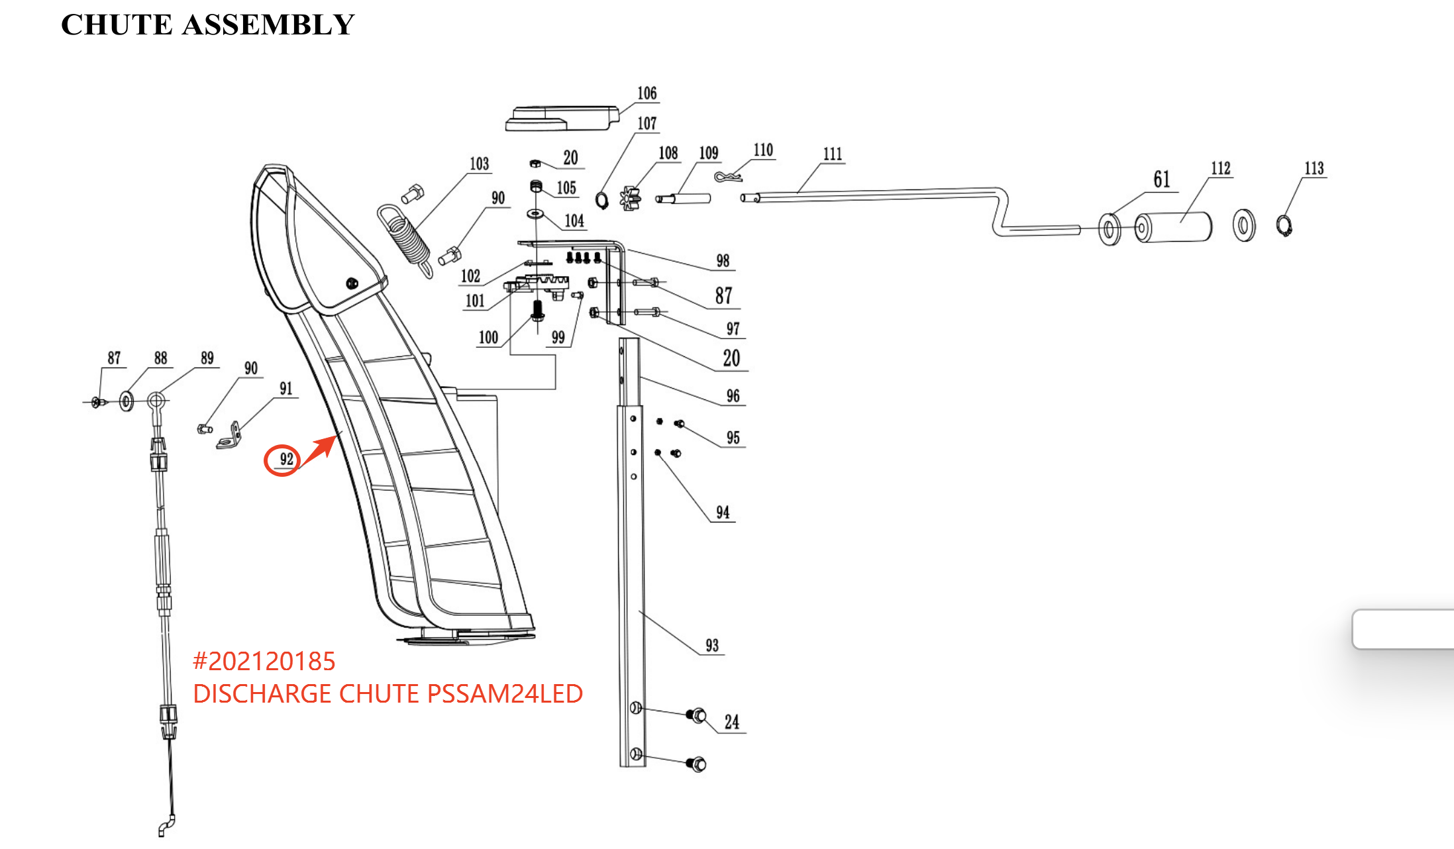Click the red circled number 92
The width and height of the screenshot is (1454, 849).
[x=283, y=460]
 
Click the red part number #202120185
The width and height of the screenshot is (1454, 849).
[x=264, y=661]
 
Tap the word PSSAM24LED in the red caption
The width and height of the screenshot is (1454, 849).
[x=505, y=693]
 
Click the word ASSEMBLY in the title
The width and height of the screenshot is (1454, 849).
[x=268, y=25]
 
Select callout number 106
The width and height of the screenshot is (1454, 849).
[x=647, y=93]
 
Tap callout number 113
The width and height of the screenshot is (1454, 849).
[x=1314, y=168]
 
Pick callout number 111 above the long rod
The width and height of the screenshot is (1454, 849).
[x=833, y=154]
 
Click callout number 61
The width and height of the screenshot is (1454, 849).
[x=1161, y=179]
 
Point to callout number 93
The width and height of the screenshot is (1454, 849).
[x=711, y=646]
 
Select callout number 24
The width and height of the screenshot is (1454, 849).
[x=731, y=722]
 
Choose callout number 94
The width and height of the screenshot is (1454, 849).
[x=722, y=513]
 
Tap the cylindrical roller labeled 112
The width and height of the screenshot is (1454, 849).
[x=1174, y=227]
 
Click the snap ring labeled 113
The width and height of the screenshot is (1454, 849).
[x=1284, y=226]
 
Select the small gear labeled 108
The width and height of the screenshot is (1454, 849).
[x=630, y=198]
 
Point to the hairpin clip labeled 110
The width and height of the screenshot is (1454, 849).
[x=727, y=176]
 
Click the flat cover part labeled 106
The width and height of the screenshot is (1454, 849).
[x=561, y=118]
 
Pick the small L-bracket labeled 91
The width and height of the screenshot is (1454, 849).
[x=229, y=437]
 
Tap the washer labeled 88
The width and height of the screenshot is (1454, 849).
[x=126, y=401]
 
